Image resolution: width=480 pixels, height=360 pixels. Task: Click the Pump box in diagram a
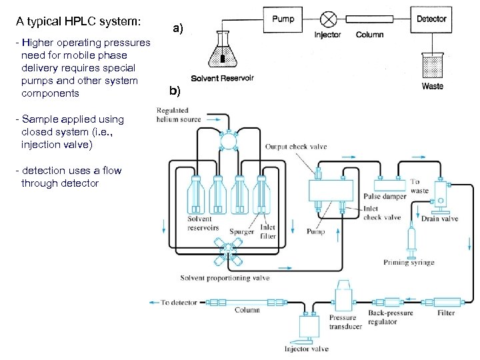click(x=283, y=19)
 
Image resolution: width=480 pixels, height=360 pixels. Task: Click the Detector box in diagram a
click(x=431, y=19)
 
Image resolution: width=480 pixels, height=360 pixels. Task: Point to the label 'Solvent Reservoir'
click(x=222, y=78)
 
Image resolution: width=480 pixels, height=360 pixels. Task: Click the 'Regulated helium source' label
click(x=179, y=114)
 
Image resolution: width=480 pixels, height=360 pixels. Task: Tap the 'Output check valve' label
click(x=296, y=147)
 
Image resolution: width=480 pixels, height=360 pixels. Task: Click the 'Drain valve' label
click(x=440, y=219)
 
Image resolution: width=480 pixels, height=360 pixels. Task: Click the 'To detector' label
click(x=179, y=302)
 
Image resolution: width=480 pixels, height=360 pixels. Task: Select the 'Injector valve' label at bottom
click(x=307, y=348)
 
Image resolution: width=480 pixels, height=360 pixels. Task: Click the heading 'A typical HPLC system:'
click(x=79, y=20)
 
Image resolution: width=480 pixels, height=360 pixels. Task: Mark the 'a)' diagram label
click(x=177, y=29)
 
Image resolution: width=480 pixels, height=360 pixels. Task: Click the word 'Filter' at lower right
click(x=446, y=313)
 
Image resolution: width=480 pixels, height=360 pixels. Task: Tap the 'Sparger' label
click(x=241, y=232)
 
